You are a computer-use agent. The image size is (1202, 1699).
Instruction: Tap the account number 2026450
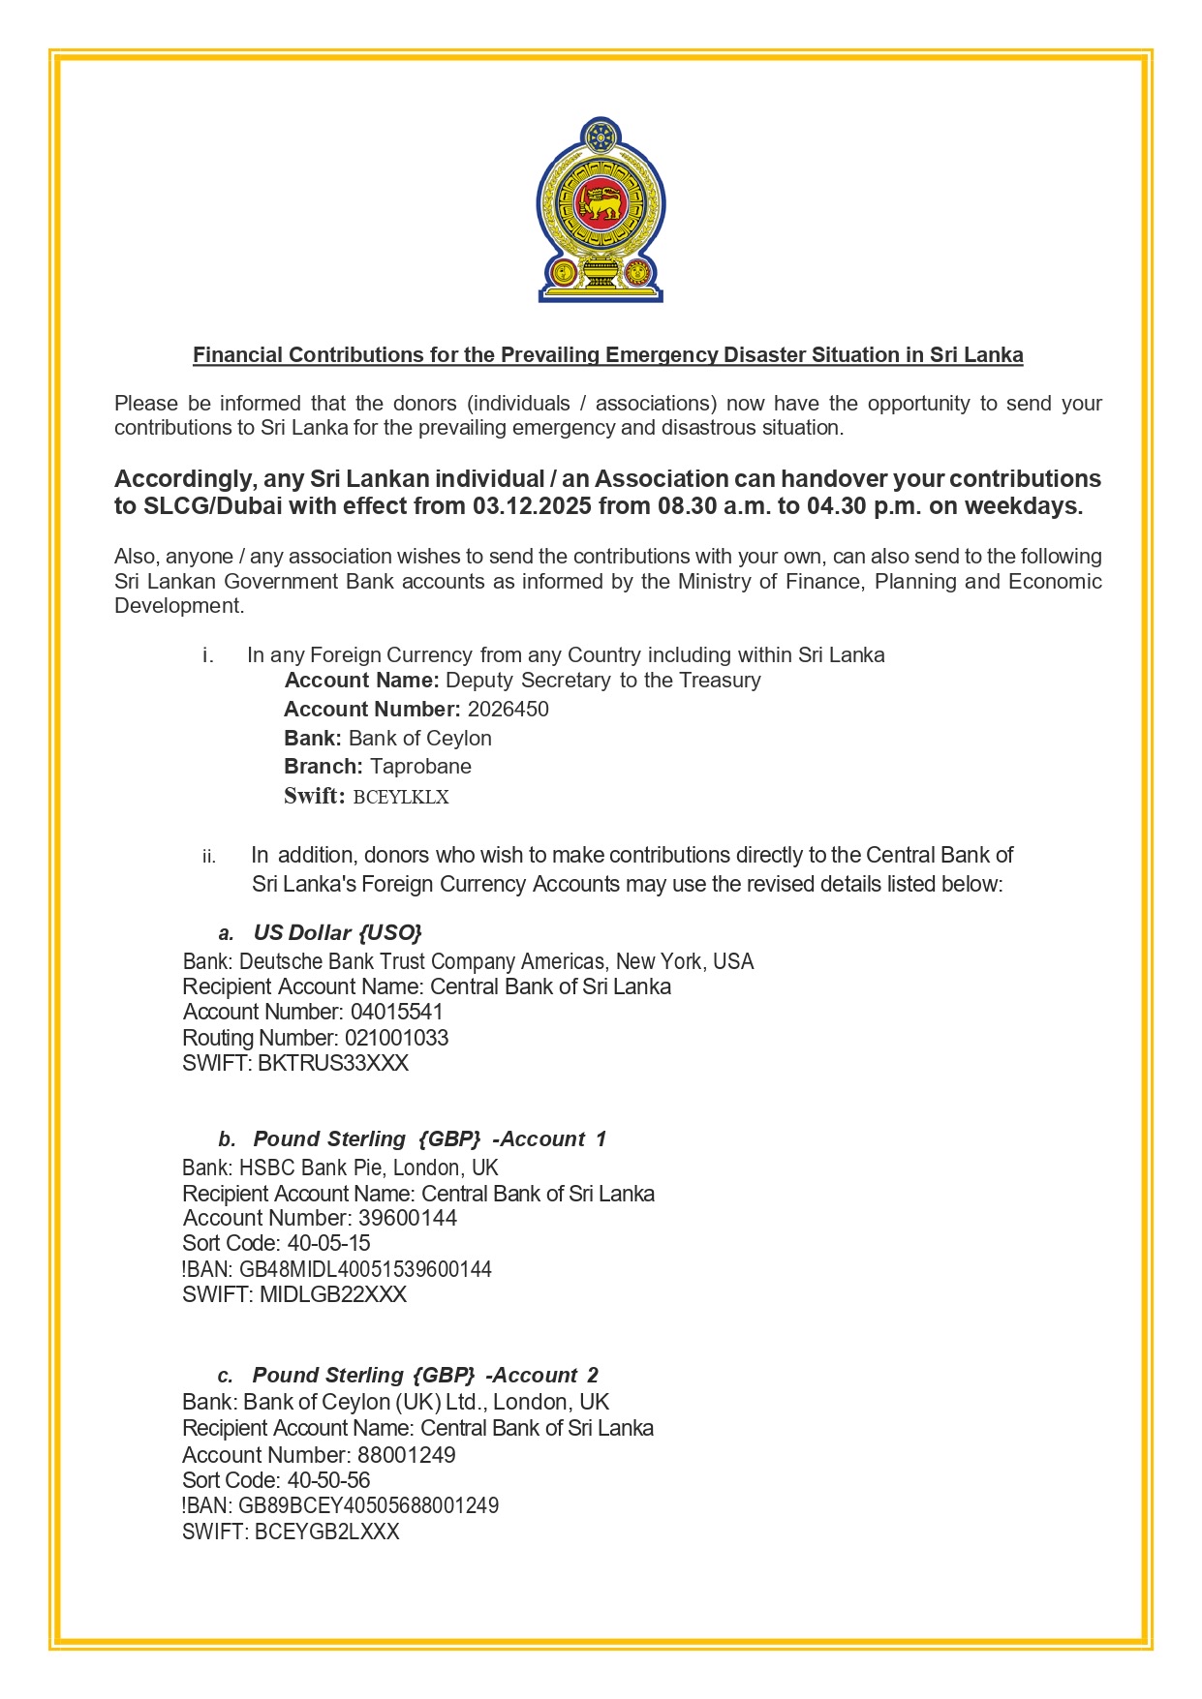tap(508, 710)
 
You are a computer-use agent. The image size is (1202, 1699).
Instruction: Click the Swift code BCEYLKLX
tap(401, 798)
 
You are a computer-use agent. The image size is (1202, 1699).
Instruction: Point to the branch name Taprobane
tap(420, 767)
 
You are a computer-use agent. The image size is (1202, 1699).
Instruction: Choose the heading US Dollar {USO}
tap(337, 933)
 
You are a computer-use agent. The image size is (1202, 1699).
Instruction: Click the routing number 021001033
tap(396, 1039)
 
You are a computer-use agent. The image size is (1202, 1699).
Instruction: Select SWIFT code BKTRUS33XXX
tap(333, 1064)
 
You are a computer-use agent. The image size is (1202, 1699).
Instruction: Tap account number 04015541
tap(396, 1013)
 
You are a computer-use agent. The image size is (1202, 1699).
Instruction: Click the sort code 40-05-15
tap(328, 1244)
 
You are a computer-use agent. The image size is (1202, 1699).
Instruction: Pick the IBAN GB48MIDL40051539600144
tap(365, 1269)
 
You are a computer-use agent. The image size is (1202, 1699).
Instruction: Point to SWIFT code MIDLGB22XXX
tap(333, 1295)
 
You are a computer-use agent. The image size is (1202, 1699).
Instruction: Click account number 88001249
tap(406, 1455)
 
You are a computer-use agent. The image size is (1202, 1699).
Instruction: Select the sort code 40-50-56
tap(328, 1480)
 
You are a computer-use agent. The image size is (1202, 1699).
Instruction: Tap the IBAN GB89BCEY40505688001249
tap(368, 1506)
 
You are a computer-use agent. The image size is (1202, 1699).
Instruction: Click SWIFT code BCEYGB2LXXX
tap(326, 1532)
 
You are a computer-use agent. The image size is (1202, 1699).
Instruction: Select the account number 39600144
tap(407, 1219)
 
